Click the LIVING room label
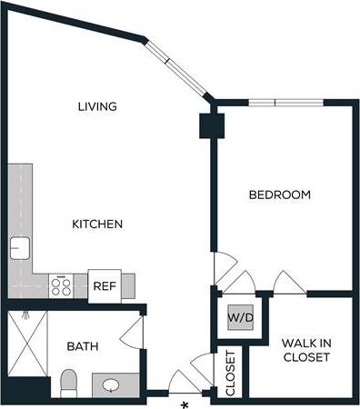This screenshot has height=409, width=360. (x=97, y=106)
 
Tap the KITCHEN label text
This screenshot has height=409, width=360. (x=97, y=223)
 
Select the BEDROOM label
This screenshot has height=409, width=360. (x=280, y=195)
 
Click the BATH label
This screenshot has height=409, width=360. (x=83, y=346)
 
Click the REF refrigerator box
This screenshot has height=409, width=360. (x=104, y=286)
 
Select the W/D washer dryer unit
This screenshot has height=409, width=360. (x=240, y=319)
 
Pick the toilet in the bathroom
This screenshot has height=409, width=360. (x=69, y=383)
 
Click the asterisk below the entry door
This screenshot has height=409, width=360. (x=185, y=403)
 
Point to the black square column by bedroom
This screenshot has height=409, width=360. (x=212, y=125)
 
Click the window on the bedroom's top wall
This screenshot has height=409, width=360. (x=275, y=102)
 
